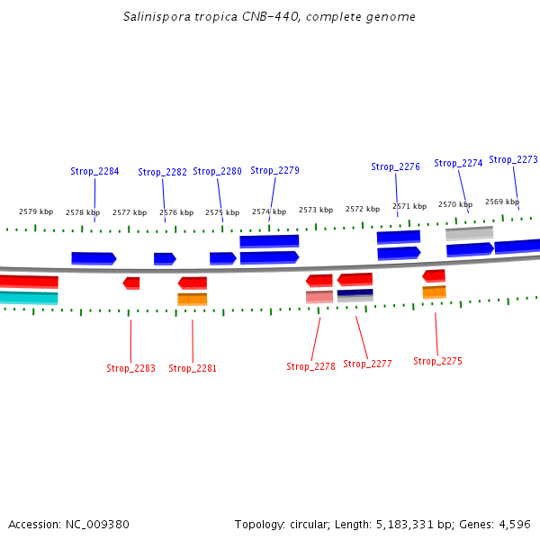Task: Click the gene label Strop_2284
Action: pyautogui.click(x=94, y=171)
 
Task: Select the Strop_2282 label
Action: pyautogui.click(x=162, y=172)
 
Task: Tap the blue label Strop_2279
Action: pyautogui.click(x=274, y=170)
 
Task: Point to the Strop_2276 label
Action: pyautogui.click(x=395, y=166)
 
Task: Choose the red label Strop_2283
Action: pyautogui.click(x=130, y=368)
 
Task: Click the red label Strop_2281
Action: pyautogui.click(x=193, y=368)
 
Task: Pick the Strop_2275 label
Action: pyautogui.click(x=437, y=361)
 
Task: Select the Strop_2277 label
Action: pyautogui.click(x=367, y=364)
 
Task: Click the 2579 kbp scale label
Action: pyautogui.click(x=36, y=211)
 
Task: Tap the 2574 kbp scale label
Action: pyautogui.click(x=269, y=211)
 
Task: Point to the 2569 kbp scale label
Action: pyautogui.click(x=502, y=202)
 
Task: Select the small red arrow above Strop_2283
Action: pyautogui.click(x=131, y=283)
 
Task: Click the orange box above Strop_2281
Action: pyautogui.click(x=192, y=299)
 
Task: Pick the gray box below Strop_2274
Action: pyautogui.click(x=469, y=233)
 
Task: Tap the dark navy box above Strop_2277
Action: pyautogui.click(x=355, y=294)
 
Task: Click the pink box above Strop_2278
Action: pyautogui.click(x=319, y=296)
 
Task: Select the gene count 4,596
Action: pyautogui.click(x=515, y=524)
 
